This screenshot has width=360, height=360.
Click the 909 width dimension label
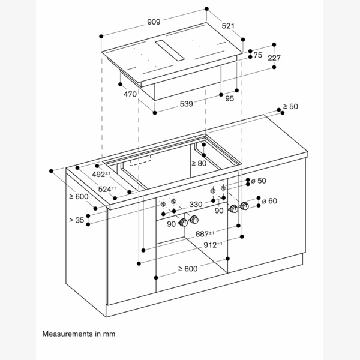tap(153, 22)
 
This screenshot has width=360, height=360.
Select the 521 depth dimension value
tap(228, 27)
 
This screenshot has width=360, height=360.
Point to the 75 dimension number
tap(258, 55)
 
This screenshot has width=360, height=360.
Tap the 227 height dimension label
tap(274, 58)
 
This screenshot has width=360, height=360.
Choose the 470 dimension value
tap(130, 94)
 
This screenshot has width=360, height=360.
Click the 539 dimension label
tap(186, 104)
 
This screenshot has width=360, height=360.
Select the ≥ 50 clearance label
tap(290, 107)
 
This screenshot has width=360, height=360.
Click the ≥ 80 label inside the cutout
tap(199, 163)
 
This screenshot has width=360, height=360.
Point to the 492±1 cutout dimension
tap(100, 175)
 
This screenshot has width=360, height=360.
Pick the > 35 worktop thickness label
tap(76, 220)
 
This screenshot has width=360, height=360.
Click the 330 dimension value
tap(196, 205)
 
